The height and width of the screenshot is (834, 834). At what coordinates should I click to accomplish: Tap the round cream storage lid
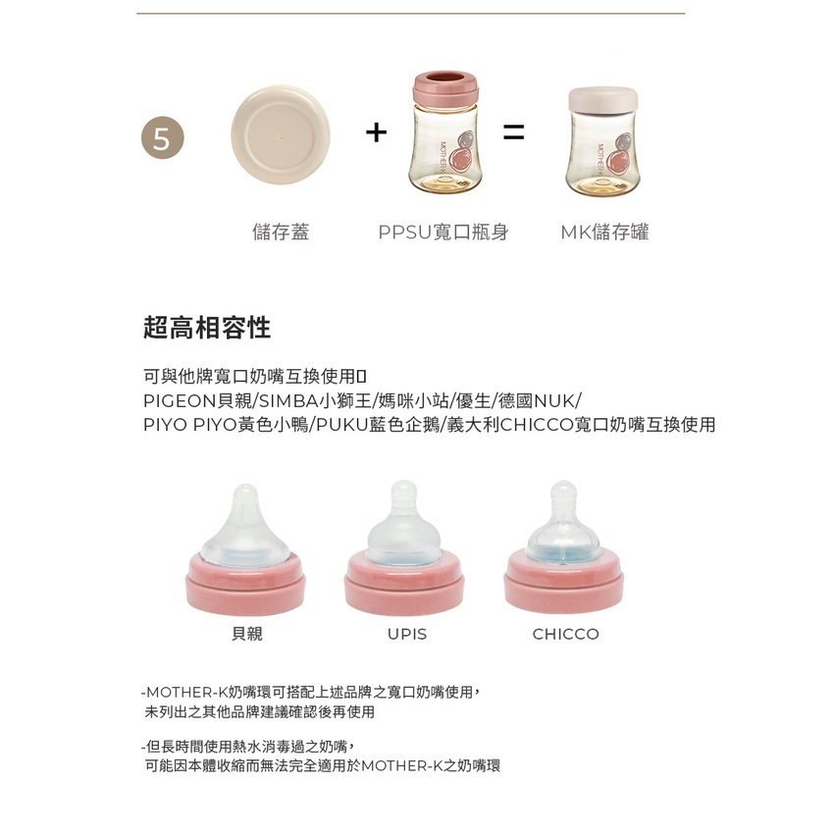[x=281, y=135]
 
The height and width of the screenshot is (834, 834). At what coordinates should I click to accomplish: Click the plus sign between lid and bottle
[x=376, y=132]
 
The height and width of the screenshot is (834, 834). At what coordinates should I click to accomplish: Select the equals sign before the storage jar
[x=514, y=132]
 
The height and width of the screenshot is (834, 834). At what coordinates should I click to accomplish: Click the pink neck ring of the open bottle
[x=445, y=88]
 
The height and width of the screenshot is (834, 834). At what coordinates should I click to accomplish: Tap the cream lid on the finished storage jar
[x=602, y=99]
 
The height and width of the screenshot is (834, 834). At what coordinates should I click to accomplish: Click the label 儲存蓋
[x=281, y=232]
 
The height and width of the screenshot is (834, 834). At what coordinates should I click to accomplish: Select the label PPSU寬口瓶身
[x=443, y=232]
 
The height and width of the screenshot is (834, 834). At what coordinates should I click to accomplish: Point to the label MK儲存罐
[x=604, y=232]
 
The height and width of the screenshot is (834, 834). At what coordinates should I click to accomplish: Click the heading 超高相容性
[x=207, y=327]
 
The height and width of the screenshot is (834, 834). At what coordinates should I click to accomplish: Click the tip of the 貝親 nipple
[x=245, y=488]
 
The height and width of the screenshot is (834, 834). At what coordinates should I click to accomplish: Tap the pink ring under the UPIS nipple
[x=404, y=583]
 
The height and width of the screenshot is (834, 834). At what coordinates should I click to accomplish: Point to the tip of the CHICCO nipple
[x=563, y=484]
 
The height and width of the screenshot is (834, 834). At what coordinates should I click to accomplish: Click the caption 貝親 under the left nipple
[x=247, y=634]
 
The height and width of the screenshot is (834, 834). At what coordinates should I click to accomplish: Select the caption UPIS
[x=407, y=634]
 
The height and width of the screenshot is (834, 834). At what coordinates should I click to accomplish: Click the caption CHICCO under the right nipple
[x=565, y=634]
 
